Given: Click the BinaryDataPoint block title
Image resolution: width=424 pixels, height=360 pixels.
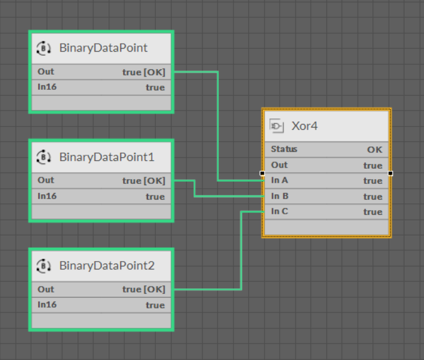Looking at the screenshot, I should (x=103, y=49).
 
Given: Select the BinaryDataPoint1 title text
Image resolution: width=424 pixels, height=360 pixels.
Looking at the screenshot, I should (x=107, y=157).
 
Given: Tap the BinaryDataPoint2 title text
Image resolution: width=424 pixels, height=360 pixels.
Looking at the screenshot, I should (x=107, y=266).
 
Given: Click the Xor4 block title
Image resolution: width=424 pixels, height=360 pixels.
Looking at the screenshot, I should (x=305, y=126).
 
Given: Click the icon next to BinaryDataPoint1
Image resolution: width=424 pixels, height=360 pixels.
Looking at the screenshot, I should (x=44, y=157).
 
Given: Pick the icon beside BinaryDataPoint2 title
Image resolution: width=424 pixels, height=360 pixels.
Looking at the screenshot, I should (x=44, y=266).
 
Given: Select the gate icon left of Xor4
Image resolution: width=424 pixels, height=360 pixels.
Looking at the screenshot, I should (x=277, y=126).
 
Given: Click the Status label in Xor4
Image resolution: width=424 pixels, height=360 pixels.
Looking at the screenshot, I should (x=284, y=149).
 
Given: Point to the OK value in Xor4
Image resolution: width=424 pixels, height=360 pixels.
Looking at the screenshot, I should (x=374, y=149).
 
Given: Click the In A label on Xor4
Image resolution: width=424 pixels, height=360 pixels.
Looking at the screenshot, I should (x=280, y=180).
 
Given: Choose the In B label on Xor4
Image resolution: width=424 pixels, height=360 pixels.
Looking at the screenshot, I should (x=280, y=196).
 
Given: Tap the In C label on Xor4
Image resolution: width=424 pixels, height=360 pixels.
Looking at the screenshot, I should (x=280, y=211).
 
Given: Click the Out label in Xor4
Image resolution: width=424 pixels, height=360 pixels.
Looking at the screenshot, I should (x=280, y=165).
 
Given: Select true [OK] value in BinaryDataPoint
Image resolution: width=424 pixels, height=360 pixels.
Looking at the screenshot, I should (x=143, y=72).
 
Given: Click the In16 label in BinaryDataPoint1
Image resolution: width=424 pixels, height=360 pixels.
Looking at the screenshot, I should (x=47, y=196).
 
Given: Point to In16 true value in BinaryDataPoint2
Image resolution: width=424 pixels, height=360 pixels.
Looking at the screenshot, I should (x=155, y=305).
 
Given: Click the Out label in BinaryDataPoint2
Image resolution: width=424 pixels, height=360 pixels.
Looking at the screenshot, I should (x=45, y=290).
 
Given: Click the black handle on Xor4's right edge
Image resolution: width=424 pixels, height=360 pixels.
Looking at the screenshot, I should (x=390, y=173).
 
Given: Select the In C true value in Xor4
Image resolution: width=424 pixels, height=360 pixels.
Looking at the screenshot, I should (x=372, y=212).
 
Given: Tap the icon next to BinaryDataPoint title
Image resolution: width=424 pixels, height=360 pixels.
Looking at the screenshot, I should (x=44, y=49).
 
